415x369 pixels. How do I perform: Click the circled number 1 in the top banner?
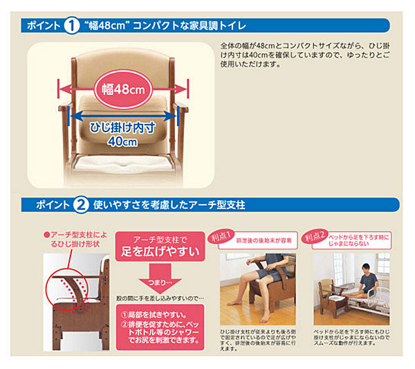[x=73, y=26]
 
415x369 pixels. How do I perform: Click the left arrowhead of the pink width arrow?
[x=62, y=88]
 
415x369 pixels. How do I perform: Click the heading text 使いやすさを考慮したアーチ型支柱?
[x=176, y=205]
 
